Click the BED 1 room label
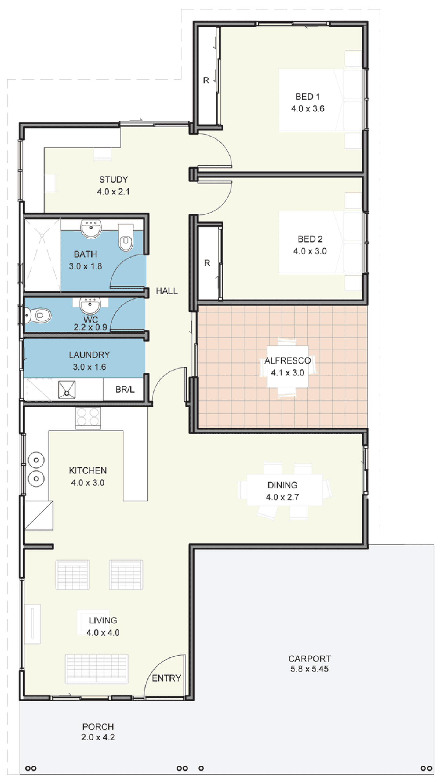(x=308, y=97)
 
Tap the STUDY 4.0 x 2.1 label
(x=113, y=185)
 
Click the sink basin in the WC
(x=90, y=306)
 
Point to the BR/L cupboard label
(x=125, y=389)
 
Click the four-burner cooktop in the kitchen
(x=88, y=417)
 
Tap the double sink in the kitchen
(x=36, y=469)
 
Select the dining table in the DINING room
(x=284, y=490)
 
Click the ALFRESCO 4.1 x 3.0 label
(x=287, y=366)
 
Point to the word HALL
(x=167, y=291)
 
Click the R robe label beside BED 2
(x=207, y=263)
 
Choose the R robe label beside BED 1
(x=206, y=80)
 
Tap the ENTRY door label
(x=166, y=678)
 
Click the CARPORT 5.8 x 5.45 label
(x=309, y=663)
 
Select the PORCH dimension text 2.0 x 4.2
(x=98, y=737)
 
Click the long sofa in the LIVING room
(x=96, y=669)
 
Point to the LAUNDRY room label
(x=89, y=355)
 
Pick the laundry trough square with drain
(x=67, y=389)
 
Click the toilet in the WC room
(x=38, y=315)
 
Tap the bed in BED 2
(x=320, y=242)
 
